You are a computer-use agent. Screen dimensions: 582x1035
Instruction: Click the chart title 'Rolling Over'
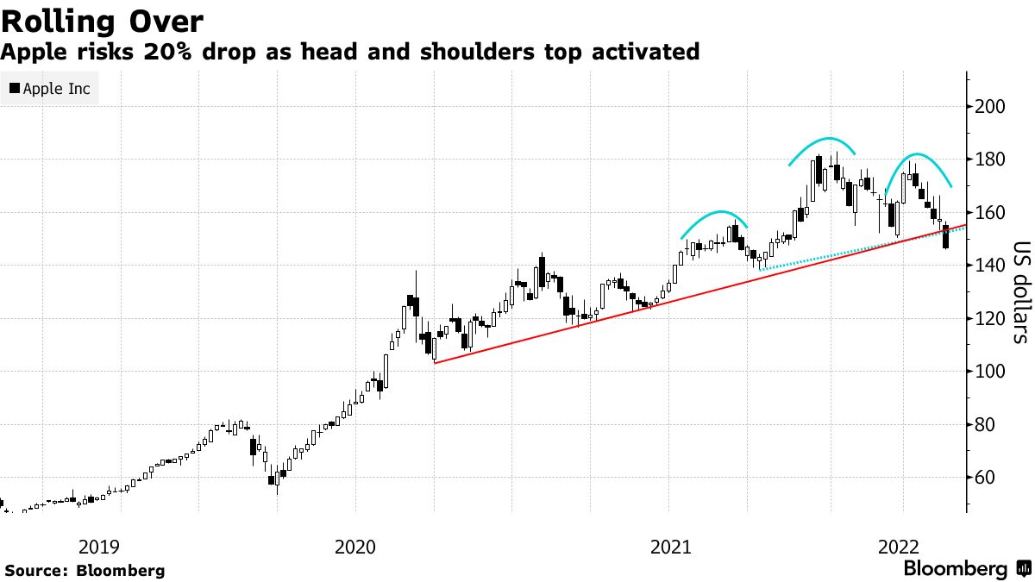click(x=103, y=20)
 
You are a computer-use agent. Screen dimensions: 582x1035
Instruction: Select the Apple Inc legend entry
click(x=50, y=89)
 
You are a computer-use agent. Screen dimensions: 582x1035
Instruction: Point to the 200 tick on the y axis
click(x=990, y=107)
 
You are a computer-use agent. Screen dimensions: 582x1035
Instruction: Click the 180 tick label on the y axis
click(x=990, y=160)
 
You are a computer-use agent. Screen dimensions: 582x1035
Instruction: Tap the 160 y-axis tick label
click(x=990, y=213)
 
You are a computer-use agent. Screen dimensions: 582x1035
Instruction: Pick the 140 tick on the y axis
click(x=990, y=266)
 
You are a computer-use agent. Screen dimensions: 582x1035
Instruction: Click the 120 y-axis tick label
click(x=990, y=319)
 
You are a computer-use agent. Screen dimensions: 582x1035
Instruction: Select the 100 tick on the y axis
click(x=990, y=372)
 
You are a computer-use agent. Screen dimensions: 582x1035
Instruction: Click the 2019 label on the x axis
click(x=99, y=547)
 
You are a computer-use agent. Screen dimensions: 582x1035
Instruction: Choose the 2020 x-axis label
click(x=355, y=547)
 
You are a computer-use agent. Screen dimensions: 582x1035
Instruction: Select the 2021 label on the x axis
click(x=668, y=547)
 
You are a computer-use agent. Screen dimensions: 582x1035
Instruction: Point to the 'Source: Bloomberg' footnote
click(x=85, y=570)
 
